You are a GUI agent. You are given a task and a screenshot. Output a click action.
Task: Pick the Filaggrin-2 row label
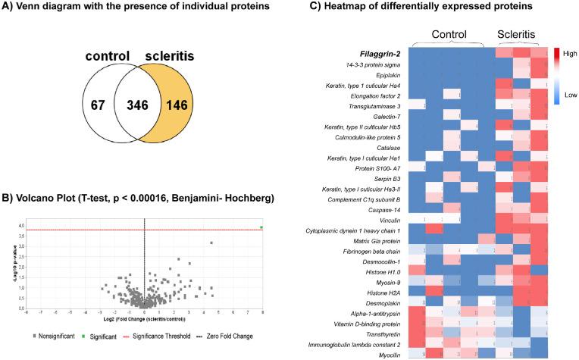(375, 54)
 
